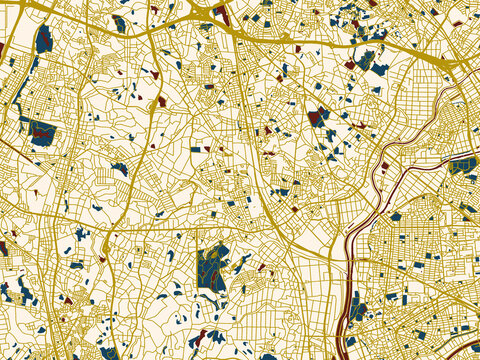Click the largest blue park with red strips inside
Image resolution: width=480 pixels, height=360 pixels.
[x=212, y=267]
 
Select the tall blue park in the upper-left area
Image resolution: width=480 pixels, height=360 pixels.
[x=43, y=40]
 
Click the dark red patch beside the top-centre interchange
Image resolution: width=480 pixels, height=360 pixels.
[x=221, y=14]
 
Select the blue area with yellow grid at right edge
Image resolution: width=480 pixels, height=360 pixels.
[x=461, y=166]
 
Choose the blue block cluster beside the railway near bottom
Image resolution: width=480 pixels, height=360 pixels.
[x=358, y=310]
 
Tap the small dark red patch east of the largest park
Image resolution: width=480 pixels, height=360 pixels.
[x=262, y=267]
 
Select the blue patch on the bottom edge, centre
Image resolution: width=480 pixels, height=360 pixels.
[x=268, y=355]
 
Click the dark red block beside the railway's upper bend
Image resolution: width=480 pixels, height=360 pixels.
[x=384, y=166]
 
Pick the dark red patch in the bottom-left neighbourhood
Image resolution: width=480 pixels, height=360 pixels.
[x=67, y=298]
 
